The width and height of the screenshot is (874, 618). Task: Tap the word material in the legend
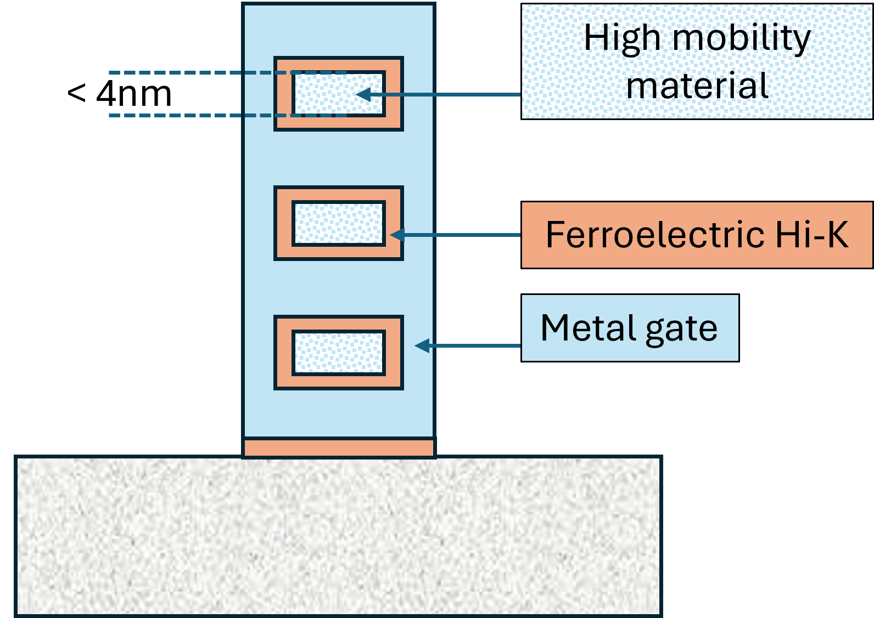point(697,86)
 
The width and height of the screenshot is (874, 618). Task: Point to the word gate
point(681,329)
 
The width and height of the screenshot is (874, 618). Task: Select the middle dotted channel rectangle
point(338,223)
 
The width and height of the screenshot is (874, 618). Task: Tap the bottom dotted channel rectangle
point(338,353)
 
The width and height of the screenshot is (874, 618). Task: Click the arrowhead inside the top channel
point(362,94)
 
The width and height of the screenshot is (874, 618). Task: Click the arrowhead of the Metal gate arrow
point(421,345)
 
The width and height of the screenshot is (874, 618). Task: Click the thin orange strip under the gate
point(338,447)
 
